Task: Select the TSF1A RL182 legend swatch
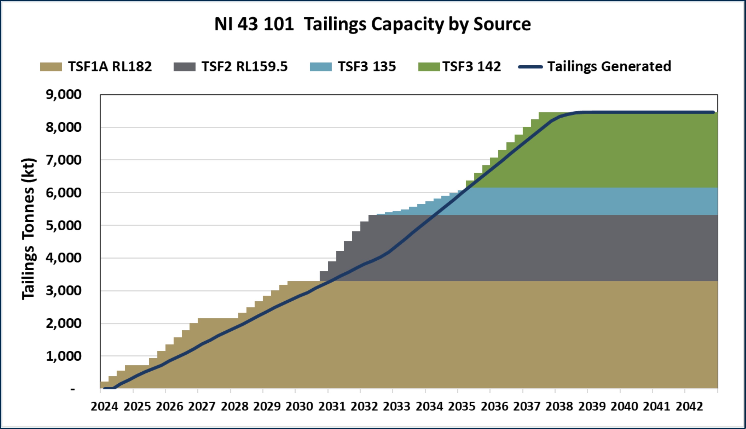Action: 51,67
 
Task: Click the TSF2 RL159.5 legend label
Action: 244,67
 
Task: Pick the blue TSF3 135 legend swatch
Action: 321,67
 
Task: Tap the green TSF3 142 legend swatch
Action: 429,67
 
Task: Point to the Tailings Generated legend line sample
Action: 530,67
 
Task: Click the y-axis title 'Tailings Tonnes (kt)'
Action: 28,229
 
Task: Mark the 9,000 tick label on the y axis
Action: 63,95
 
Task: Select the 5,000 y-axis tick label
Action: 63,226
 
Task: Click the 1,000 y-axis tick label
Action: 63,356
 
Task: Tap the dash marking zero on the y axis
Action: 73,390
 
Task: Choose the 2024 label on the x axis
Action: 104,407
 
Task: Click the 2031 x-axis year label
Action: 332,407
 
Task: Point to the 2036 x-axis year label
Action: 495,407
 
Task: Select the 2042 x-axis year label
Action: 689,407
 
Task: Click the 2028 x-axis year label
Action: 235,407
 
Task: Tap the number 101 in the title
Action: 278,24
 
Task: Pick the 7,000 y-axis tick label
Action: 63,160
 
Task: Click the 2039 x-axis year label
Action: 592,407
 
